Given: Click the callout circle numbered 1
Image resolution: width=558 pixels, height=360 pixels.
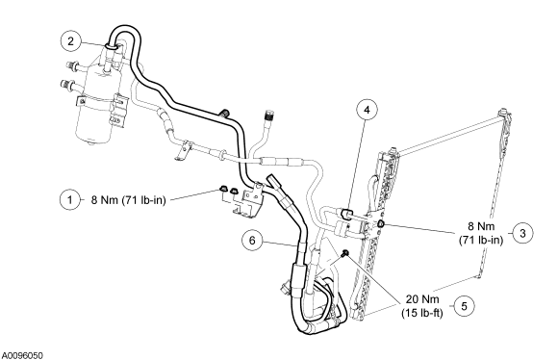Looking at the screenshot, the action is [69, 200].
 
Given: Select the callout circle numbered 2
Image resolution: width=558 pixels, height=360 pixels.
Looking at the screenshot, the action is [71, 41].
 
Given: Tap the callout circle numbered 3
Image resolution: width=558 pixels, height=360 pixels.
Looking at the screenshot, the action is [522, 233].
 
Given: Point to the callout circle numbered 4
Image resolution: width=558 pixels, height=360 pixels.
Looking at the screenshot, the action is [367, 110].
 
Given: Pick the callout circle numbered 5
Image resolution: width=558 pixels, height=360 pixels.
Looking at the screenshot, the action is [464, 306].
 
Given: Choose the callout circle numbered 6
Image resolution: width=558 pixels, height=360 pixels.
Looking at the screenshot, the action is [252, 241].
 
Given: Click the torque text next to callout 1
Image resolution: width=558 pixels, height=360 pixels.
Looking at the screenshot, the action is [129, 200].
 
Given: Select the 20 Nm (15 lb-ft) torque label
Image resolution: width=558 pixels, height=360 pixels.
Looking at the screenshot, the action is [422, 306].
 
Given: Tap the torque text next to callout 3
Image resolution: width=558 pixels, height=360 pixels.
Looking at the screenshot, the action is [481, 233].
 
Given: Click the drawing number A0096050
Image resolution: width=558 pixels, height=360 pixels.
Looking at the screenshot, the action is [22, 355].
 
